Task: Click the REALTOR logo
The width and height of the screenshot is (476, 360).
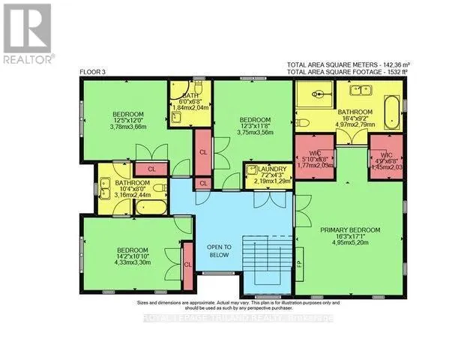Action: pyautogui.click(x=28, y=33)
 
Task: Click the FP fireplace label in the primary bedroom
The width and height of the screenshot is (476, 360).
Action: pyautogui.click(x=299, y=264)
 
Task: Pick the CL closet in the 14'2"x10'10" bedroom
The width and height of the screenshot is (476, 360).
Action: pyautogui.click(x=187, y=264)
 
